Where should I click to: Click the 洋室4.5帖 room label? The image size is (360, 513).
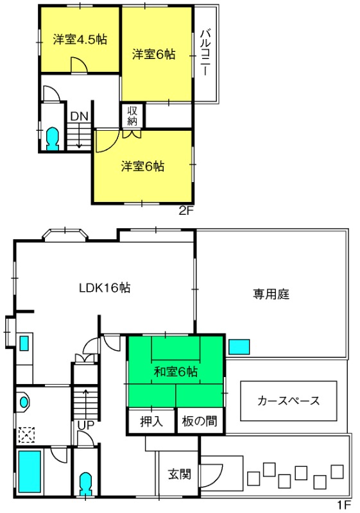[80, 40]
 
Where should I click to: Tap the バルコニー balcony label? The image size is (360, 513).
[205, 53]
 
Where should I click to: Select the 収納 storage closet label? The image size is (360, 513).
[132, 115]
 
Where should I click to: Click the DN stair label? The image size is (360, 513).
[80, 116]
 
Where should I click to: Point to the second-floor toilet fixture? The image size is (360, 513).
[53, 139]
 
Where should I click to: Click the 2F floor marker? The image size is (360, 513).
[186, 211]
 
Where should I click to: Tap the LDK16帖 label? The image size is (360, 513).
[105, 287]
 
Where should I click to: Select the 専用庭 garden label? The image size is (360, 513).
[271, 294]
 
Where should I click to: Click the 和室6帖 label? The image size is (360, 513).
[176, 372]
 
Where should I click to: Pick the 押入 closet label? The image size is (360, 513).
[151, 421]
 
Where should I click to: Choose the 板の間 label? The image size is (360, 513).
[200, 421]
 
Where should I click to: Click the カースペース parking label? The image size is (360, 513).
[288, 400]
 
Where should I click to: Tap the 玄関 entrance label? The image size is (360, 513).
[179, 474]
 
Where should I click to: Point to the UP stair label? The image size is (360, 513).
[86, 425]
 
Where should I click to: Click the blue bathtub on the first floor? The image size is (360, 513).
[30, 471]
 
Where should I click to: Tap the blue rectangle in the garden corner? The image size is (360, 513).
[239, 347]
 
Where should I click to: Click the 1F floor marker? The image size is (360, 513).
[344, 505]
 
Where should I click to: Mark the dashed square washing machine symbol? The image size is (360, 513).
[26, 435]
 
